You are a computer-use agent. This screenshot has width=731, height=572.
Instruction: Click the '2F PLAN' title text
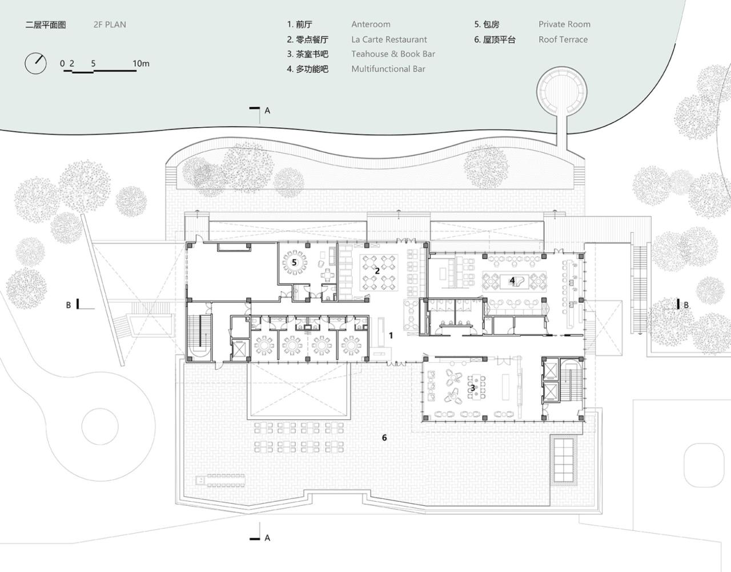(x=110, y=25)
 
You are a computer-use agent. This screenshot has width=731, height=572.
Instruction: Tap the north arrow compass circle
(x=35, y=63)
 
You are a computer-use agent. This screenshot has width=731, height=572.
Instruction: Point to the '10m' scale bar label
(x=141, y=63)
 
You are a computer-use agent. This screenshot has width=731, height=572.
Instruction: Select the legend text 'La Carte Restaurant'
(x=389, y=39)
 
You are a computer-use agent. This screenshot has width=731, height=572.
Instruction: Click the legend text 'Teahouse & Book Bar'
(x=393, y=54)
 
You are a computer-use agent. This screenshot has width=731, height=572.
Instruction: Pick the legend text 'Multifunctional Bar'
(x=388, y=69)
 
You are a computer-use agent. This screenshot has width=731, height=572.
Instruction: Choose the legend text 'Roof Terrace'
(x=563, y=39)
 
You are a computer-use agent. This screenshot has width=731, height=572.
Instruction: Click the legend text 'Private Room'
(x=564, y=24)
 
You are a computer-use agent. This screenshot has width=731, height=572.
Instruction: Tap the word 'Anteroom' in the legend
(x=371, y=24)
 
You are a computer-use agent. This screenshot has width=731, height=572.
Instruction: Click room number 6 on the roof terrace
(x=384, y=437)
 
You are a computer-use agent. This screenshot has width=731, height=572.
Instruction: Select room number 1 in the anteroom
(x=391, y=335)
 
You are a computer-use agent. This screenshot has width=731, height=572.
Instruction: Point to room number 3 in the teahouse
(x=472, y=388)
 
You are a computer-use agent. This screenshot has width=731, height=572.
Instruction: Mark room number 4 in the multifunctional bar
(x=512, y=281)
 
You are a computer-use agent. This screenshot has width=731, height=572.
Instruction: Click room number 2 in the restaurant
(x=377, y=270)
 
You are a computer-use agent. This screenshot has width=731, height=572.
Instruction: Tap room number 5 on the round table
(x=295, y=262)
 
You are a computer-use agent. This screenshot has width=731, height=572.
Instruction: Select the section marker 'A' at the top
(x=267, y=111)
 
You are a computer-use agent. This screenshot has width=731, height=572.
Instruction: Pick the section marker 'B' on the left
(x=69, y=305)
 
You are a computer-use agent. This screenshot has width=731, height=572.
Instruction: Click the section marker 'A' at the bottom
(x=267, y=538)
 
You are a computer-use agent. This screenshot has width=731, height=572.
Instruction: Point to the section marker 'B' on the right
(x=686, y=305)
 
